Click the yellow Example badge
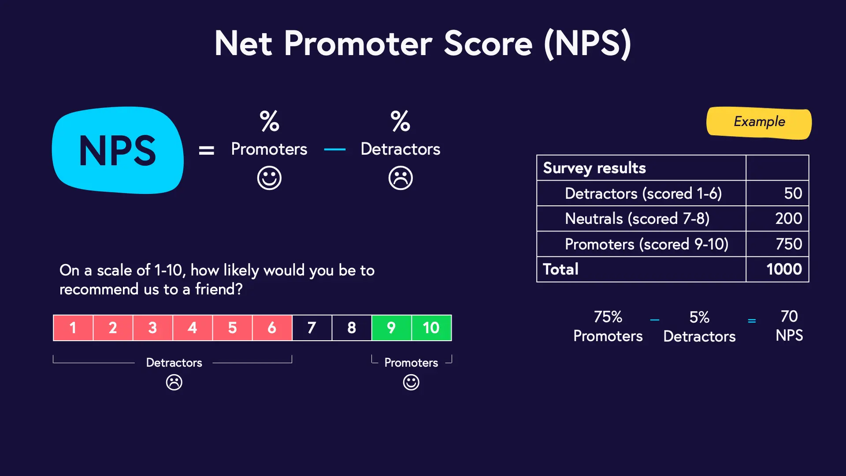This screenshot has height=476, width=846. (759, 123)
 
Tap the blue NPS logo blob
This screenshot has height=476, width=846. (118, 150)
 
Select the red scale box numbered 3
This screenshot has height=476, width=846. (152, 327)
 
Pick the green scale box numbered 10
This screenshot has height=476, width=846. (431, 327)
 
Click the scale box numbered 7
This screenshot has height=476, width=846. (312, 327)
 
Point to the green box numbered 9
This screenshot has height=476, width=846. (391, 327)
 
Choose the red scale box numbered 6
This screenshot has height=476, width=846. (272, 327)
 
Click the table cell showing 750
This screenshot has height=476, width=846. (777, 244)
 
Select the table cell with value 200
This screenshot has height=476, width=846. (777, 219)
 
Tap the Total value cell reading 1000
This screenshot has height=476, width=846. (777, 269)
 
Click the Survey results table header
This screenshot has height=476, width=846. (594, 168)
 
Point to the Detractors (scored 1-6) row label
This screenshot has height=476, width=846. (643, 193)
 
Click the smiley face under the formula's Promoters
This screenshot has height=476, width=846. (269, 178)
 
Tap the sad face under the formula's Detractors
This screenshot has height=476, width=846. (401, 178)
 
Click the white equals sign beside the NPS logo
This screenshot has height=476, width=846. (206, 151)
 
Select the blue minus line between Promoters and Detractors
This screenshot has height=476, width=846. (335, 150)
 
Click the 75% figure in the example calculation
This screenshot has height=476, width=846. (608, 317)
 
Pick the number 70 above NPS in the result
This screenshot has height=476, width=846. (789, 316)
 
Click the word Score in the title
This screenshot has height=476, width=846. (488, 44)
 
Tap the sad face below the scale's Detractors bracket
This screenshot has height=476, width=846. (174, 382)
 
